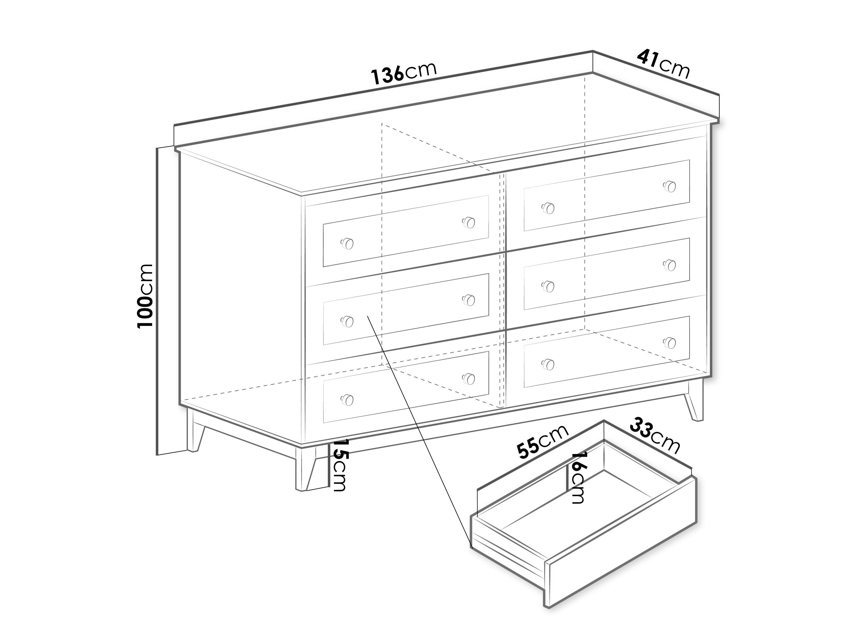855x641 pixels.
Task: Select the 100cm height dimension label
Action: point(145,296)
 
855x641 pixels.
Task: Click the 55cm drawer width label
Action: point(543,441)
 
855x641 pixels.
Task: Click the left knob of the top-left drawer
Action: point(347,244)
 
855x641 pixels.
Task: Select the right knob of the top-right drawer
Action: point(669,186)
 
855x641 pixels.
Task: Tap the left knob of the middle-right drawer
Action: point(548,287)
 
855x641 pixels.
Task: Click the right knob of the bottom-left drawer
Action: point(468,379)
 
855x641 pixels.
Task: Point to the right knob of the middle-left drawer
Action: point(468,300)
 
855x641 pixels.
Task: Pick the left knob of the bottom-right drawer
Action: point(548,364)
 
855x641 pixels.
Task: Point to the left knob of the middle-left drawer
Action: point(347,321)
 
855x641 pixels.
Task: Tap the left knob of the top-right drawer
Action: point(548,208)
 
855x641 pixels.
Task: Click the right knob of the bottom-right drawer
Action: point(669,343)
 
